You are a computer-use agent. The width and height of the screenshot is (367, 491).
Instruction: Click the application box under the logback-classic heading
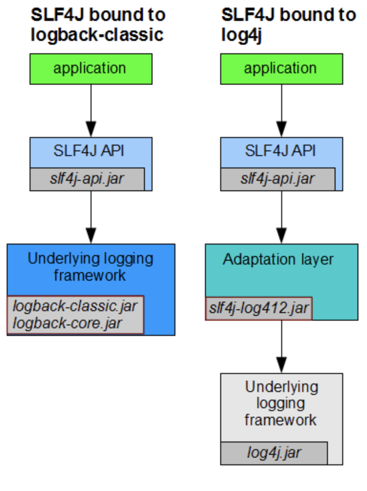coord(91,69)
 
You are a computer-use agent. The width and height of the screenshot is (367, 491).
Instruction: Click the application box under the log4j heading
coord(281,69)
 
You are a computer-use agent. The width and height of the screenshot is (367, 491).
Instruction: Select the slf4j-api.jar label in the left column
coord(87,179)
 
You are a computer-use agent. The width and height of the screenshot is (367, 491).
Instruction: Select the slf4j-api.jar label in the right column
coord(277,179)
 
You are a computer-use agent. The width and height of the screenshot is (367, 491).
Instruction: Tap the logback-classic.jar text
coord(75,305)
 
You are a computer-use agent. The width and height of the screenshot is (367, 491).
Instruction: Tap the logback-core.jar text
coord(68,323)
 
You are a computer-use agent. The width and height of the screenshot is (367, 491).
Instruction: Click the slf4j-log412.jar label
coord(259,308)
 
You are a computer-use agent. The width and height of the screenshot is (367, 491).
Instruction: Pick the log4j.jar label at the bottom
coord(274,452)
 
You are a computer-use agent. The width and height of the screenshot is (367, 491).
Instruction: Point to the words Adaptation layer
coord(278,259)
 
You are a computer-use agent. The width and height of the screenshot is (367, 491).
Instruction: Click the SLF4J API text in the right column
coord(281,151)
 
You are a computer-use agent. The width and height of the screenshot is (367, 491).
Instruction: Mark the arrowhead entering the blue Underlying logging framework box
coord(91,235)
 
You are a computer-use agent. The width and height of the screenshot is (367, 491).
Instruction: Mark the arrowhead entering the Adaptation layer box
coord(281,235)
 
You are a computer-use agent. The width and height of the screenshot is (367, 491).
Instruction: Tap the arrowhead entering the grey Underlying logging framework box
coord(281,364)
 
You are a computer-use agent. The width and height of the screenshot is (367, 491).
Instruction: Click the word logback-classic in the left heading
coord(97,35)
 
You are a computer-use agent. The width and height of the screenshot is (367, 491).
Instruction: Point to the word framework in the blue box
coord(90,275)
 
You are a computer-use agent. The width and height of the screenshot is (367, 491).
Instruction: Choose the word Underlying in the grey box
coord(281,387)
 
